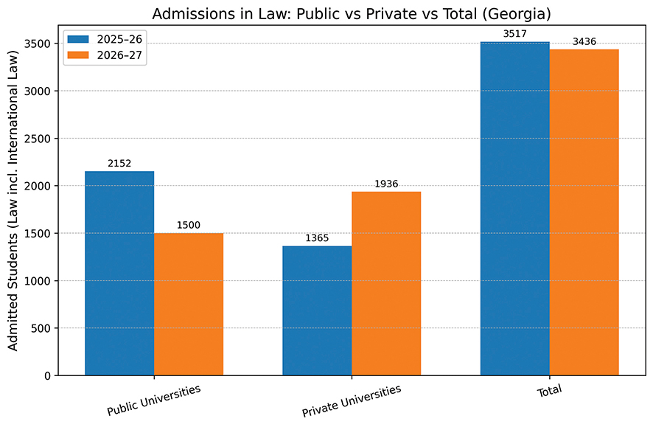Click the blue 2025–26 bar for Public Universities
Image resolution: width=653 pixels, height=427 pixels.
click(119, 273)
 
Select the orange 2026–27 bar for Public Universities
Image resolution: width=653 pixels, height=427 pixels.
click(189, 304)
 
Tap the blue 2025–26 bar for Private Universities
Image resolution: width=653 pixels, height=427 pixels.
click(317, 310)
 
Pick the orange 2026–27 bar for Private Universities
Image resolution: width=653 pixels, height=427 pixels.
click(386, 283)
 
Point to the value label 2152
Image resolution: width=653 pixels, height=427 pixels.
click(119, 164)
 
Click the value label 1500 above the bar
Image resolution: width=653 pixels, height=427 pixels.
click(189, 226)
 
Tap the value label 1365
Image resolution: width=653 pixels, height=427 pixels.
click(317, 238)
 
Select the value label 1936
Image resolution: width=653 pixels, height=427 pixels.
click(386, 184)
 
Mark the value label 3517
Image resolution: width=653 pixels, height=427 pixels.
click(514, 34)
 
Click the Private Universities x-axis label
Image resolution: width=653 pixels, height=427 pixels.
click(352, 400)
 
